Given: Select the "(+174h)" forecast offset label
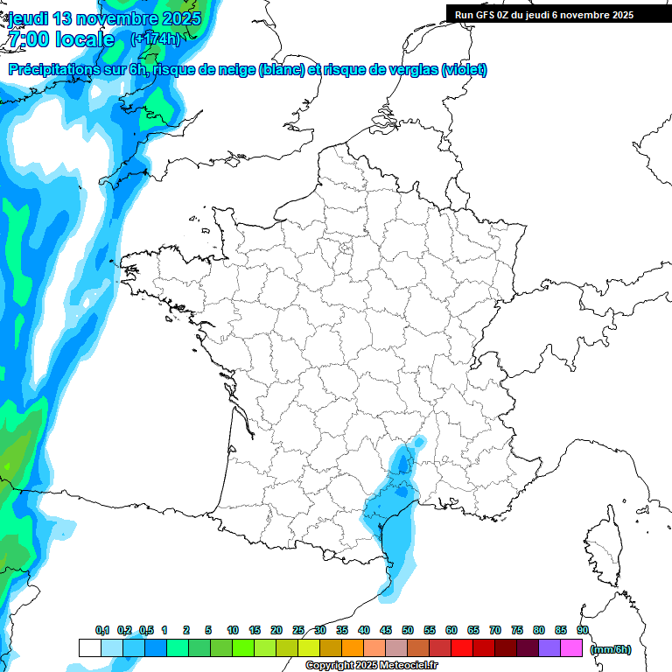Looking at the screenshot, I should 155,38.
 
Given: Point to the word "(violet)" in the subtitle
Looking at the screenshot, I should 464,70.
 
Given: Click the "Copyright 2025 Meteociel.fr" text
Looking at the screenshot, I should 372,666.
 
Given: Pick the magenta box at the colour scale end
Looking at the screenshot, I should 571,648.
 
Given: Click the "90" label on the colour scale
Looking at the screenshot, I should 583,630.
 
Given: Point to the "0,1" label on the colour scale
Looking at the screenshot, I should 101,630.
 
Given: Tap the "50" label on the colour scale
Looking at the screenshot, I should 408,630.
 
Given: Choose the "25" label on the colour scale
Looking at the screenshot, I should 298,630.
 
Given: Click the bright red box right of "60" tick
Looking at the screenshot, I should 462,648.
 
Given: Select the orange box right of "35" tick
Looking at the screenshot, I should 353,648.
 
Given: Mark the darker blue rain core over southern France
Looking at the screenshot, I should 402,459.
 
